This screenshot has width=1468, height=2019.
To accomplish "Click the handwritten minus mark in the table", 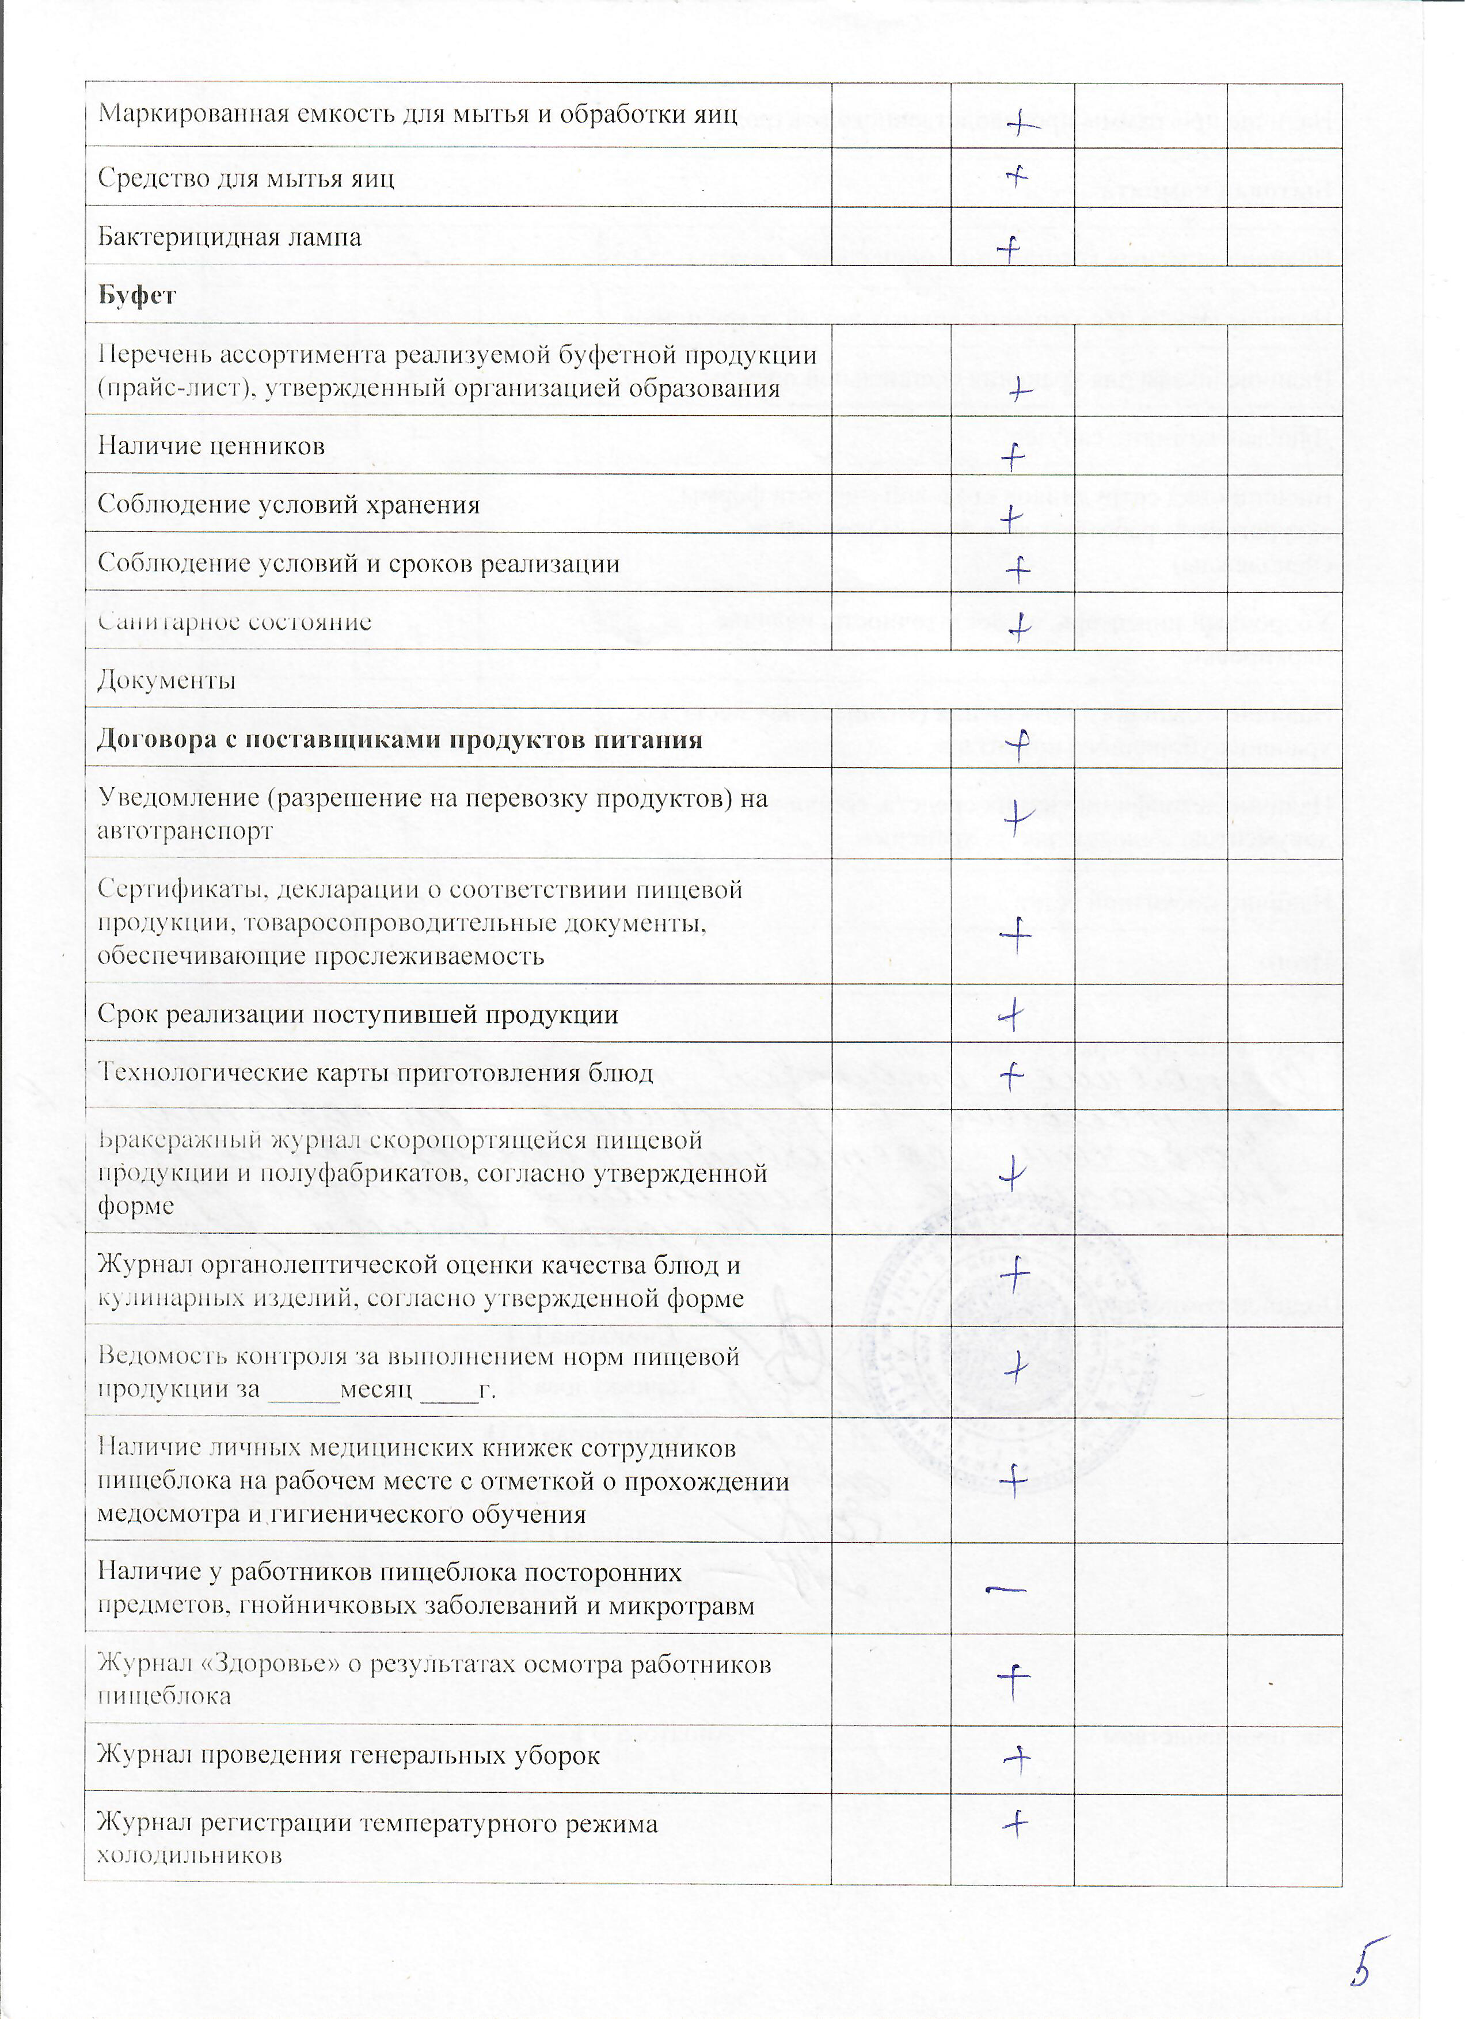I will [x=1007, y=1588].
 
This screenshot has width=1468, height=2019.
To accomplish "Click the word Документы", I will [x=166, y=681].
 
